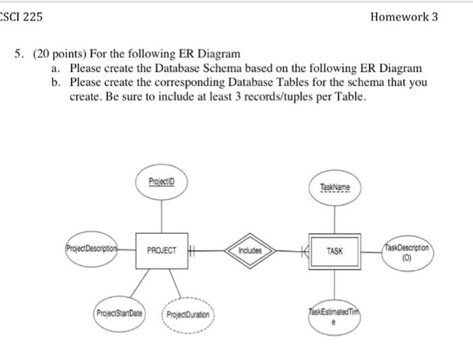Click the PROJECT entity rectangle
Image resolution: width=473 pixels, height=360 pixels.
pos(161,251)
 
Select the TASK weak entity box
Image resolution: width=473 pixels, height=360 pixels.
pos(334,251)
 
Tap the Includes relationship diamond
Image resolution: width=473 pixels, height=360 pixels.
pos(249,251)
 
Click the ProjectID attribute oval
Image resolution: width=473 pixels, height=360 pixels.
pos(161,183)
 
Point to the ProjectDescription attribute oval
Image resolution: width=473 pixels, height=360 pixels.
pos(93,246)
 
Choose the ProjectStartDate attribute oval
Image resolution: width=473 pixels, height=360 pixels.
pos(119,314)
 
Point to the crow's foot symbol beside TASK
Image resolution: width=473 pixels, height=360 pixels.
pos(303,251)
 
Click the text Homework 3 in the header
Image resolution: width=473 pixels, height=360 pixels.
pos(404,17)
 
